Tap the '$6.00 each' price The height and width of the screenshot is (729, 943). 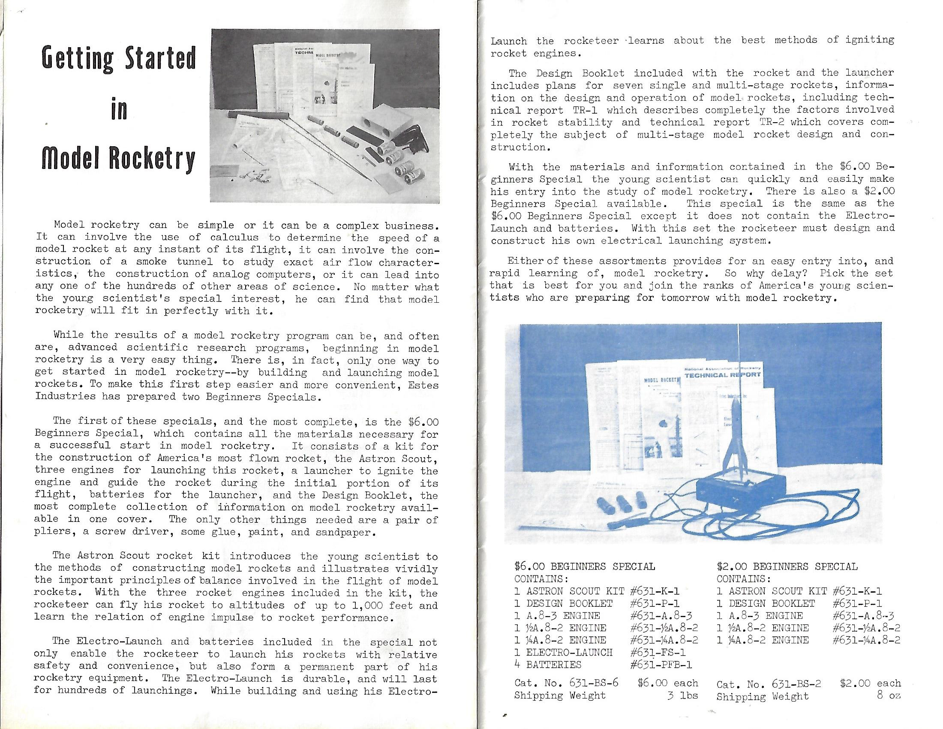tap(667, 683)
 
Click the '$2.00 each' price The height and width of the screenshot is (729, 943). tap(871, 683)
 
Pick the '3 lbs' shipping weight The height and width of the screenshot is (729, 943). tap(683, 696)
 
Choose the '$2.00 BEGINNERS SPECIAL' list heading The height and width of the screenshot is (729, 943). tap(787, 566)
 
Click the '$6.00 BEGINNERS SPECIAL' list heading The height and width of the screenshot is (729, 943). tap(585, 566)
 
